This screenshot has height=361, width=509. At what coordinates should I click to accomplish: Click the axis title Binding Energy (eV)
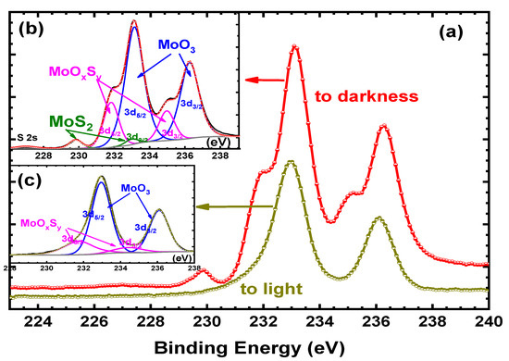[254, 348]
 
